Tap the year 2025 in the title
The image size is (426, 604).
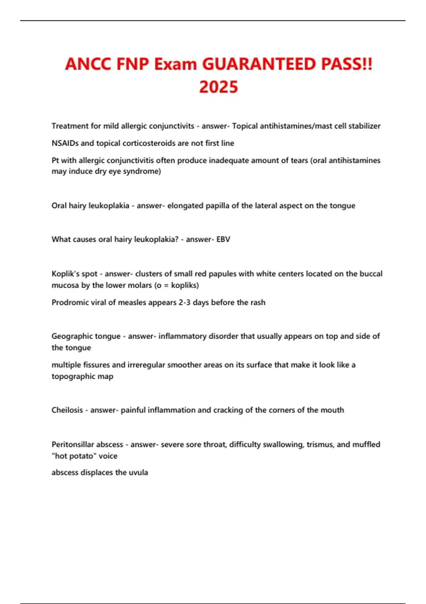(x=218, y=87)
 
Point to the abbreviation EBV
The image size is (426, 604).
(x=223, y=239)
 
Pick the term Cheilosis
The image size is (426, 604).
(x=67, y=410)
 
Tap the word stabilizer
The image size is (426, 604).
(x=364, y=126)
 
